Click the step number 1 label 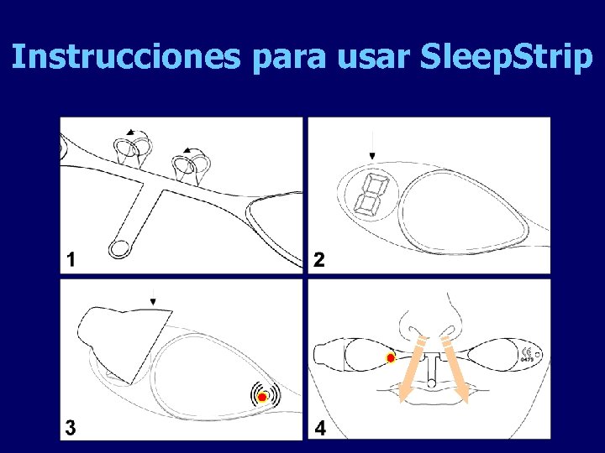pos(71,260)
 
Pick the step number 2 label pos(319,260)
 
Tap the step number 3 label pos(71,427)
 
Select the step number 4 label pos(320,428)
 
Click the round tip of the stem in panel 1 pos(119,247)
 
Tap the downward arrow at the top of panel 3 pos(153,296)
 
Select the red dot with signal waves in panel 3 pos(262,396)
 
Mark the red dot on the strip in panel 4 pos(391,358)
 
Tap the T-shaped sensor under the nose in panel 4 pos(432,363)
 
